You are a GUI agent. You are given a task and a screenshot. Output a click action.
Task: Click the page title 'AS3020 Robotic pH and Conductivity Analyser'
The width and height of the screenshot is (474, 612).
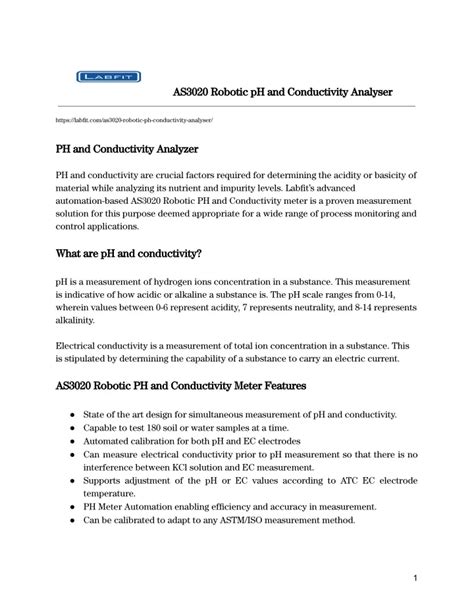click(x=283, y=92)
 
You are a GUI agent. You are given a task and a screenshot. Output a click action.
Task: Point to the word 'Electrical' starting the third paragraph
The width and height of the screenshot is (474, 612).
click(x=74, y=342)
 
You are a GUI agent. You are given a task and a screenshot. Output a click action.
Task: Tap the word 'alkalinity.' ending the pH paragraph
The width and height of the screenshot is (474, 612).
click(x=75, y=322)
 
